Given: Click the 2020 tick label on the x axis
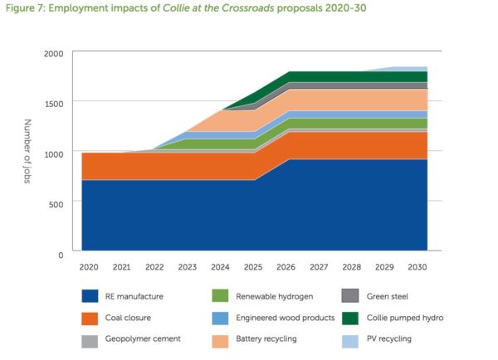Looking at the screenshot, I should [88, 267].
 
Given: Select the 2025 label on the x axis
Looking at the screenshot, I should [253, 267].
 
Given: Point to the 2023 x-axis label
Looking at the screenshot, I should [187, 267].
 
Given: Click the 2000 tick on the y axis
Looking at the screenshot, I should [54, 53].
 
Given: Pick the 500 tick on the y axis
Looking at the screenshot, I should [57, 202].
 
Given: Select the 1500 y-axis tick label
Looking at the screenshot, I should [54, 103].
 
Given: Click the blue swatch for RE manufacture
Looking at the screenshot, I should [91, 295].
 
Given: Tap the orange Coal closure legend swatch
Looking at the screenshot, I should [91, 317].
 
